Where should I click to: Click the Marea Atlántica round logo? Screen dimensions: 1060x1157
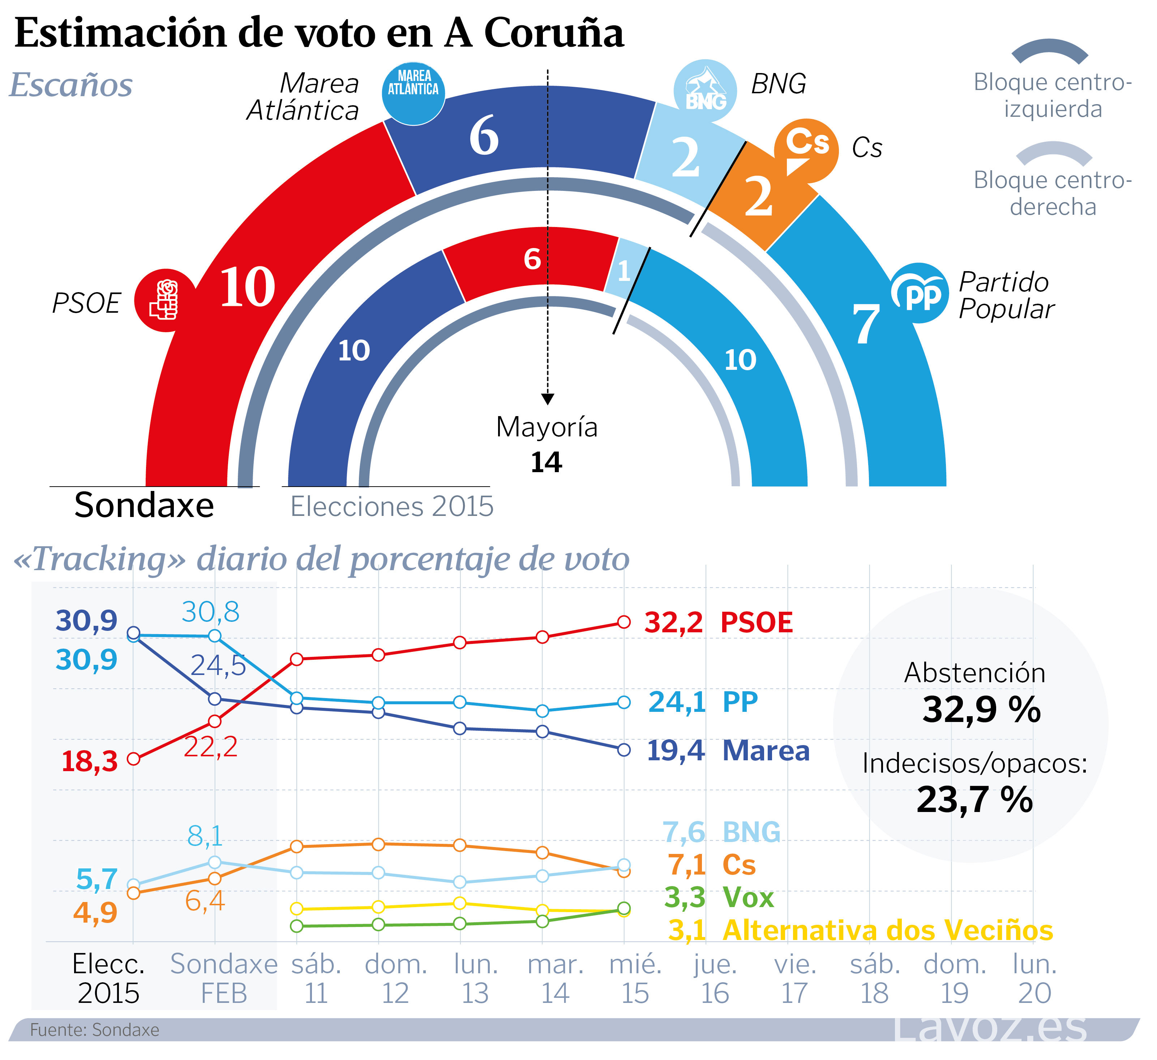[x=413, y=94]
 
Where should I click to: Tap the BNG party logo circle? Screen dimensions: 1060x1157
[x=705, y=91]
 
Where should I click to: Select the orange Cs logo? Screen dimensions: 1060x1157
[x=806, y=150]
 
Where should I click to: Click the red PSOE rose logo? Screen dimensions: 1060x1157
[x=165, y=300]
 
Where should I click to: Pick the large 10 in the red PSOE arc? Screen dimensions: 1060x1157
[x=247, y=287]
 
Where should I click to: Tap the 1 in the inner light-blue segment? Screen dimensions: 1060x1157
[x=624, y=271]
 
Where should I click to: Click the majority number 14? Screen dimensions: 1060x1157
[x=547, y=462]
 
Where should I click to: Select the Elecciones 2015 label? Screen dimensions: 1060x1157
[x=392, y=507]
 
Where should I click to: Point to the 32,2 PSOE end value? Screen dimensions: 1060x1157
[x=673, y=623]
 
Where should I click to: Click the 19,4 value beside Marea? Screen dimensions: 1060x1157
[x=676, y=751]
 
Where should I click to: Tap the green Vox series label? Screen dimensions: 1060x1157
[x=748, y=898]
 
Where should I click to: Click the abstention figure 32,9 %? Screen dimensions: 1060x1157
[x=981, y=710]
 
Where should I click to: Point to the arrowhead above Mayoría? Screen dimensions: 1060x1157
[x=548, y=399]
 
